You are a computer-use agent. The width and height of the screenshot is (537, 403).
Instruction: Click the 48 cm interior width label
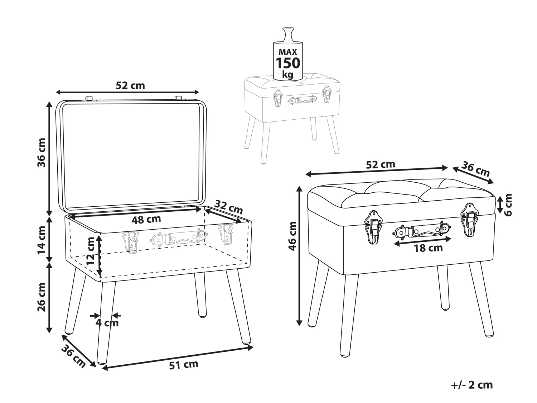pos(146,219)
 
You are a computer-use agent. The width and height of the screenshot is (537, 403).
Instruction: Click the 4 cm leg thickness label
pos(107,322)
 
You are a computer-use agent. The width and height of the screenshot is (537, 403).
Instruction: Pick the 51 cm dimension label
pos(183,365)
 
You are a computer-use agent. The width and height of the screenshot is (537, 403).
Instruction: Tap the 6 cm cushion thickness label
pos(508,205)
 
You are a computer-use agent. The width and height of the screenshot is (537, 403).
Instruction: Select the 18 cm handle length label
pos(428,248)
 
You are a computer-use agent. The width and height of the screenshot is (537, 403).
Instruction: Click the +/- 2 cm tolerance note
pos(472,385)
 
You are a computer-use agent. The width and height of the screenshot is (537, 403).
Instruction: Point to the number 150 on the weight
pos(287,63)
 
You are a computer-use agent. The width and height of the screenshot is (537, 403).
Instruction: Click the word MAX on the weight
pos(287,52)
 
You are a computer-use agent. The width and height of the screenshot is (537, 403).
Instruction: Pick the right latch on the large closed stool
pos(469,219)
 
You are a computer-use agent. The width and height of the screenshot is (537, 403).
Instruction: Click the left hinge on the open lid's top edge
pos(89,98)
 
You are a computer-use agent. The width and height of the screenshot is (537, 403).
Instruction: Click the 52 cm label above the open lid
pos(130,85)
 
